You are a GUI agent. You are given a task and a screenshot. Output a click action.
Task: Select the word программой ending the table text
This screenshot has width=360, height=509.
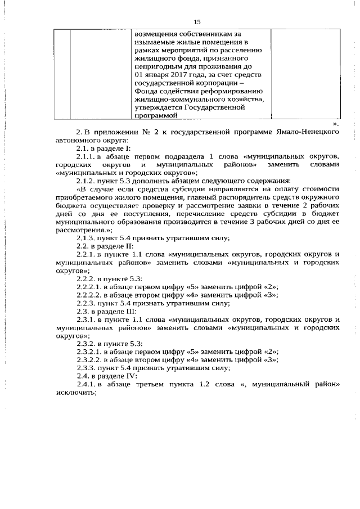[157, 115]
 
